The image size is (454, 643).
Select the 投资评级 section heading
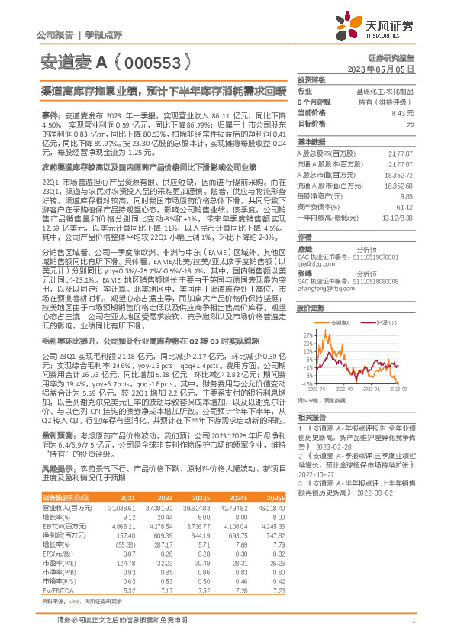tap(311, 79)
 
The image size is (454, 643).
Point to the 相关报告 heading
tap(311, 418)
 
